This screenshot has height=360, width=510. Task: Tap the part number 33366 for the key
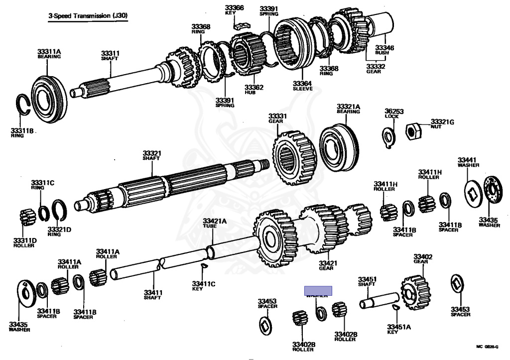click(x=234, y=8)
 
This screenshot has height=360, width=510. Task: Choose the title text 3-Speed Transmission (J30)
click(x=88, y=16)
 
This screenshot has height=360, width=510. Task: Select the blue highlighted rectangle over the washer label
click(x=318, y=290)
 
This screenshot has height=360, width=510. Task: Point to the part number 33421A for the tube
click(x=214, y=221)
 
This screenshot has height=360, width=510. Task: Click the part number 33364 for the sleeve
click(x=302, y=84)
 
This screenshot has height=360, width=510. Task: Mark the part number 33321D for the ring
click(x=59, y=230)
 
